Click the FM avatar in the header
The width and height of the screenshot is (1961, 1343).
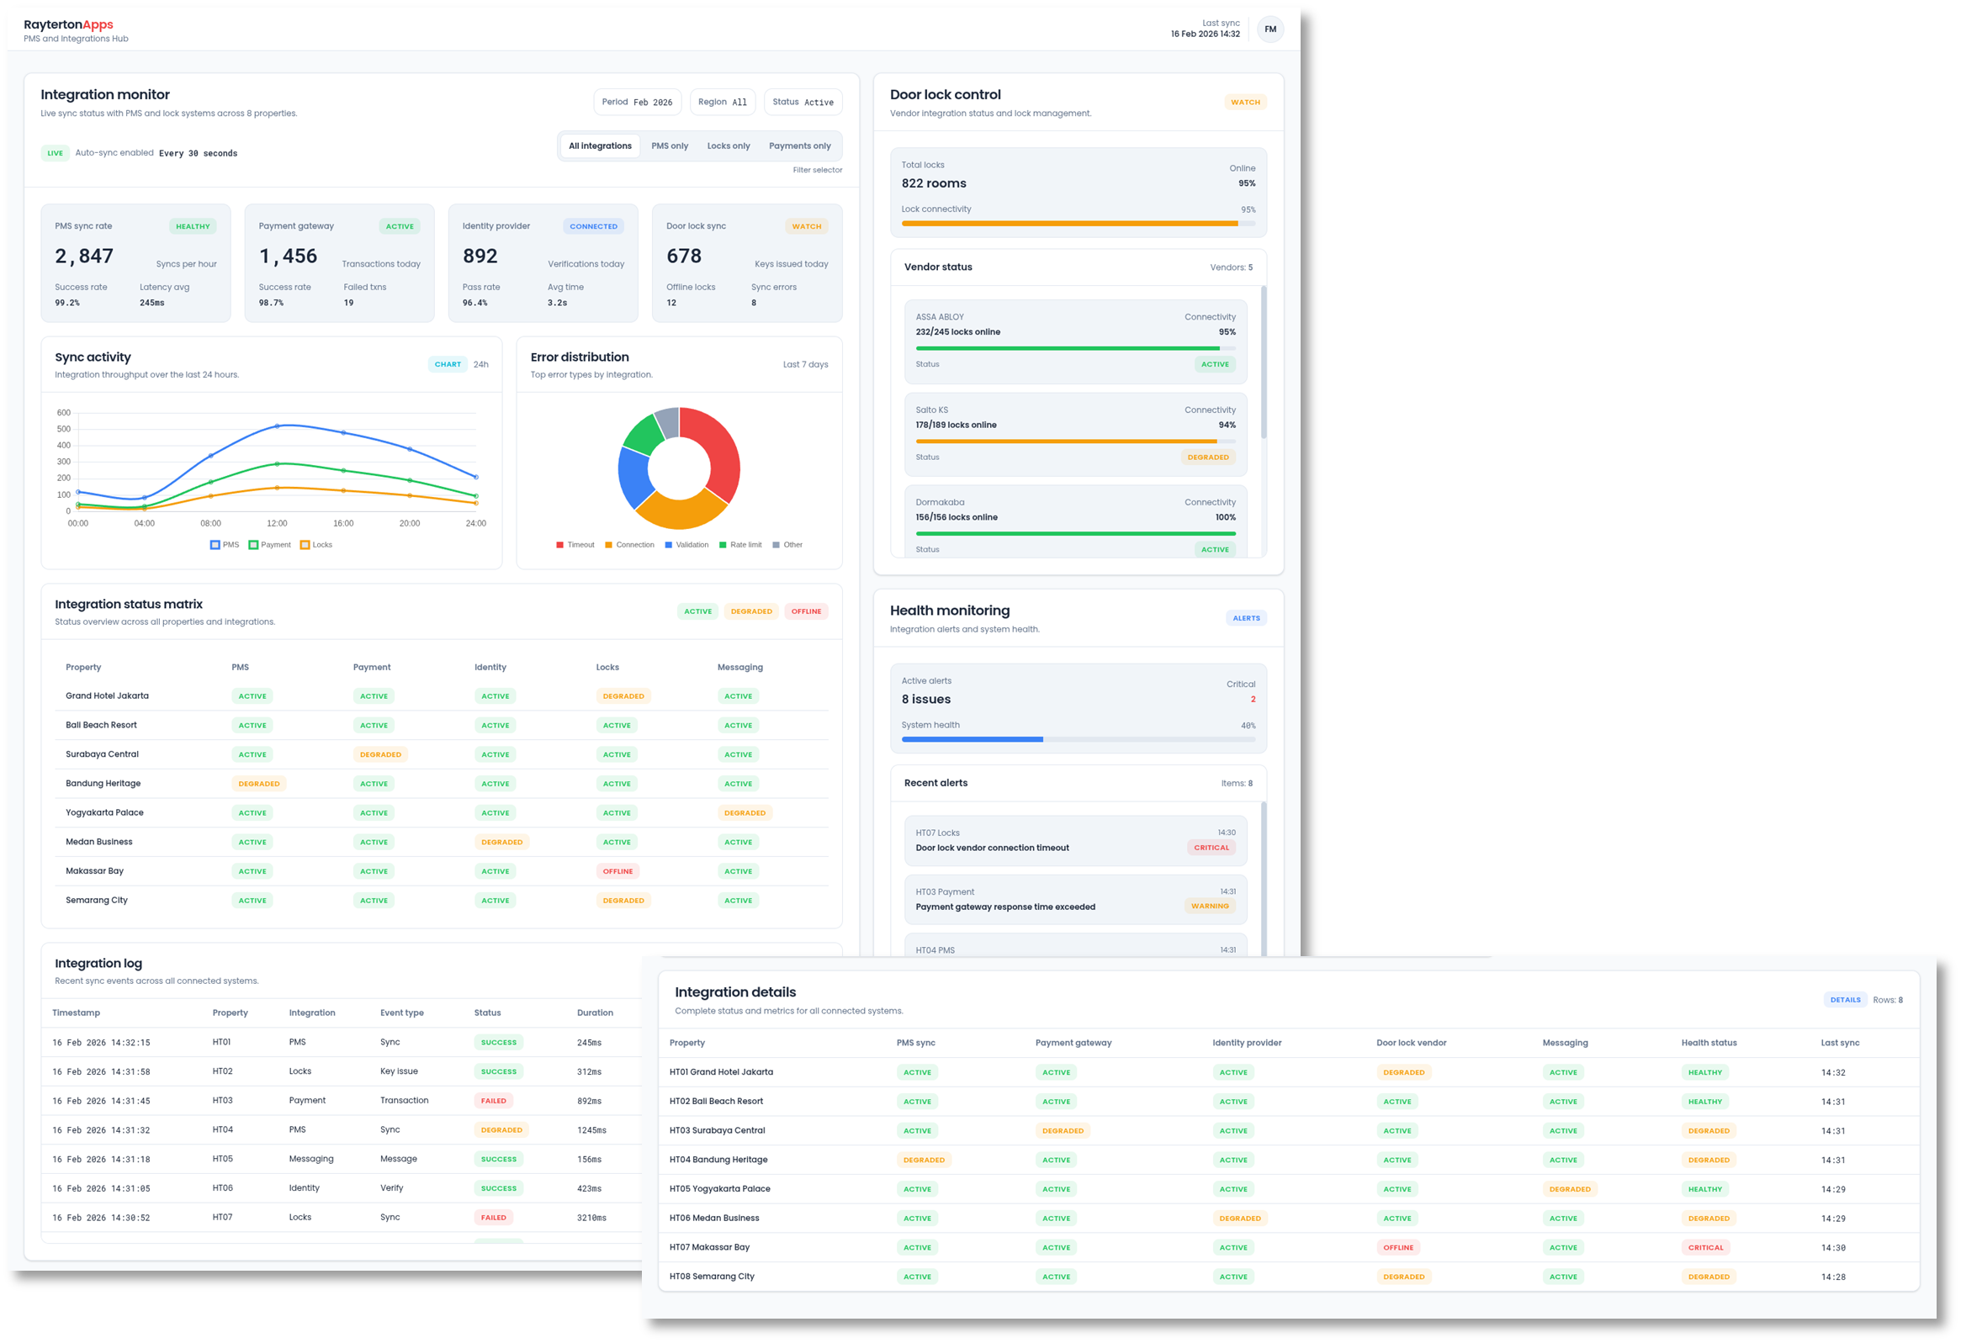tap(1270, 29)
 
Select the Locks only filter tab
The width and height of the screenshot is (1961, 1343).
tap(729, 146)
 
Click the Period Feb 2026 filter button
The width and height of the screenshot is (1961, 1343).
tap(637, 102)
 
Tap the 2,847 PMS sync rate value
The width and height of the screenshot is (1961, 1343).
tap(83, 256)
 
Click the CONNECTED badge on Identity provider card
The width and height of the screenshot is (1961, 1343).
tap(593, 226)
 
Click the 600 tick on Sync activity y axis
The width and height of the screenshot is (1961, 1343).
tap(64, 413)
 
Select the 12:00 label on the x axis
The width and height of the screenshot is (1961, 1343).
tap(277, 523)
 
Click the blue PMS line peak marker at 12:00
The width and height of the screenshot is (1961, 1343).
tap(278, 426)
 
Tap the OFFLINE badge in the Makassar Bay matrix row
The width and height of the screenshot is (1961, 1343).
tap(617, 871)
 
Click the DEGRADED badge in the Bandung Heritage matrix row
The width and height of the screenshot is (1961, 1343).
tap(259, 784)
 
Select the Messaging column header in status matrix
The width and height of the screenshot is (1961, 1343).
tap(740, 667)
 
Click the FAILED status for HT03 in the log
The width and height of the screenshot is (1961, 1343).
tap(494, 1101)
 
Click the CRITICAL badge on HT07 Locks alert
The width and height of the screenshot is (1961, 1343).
tap(1211, 848)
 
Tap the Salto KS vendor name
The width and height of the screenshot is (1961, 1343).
tap(931, 410)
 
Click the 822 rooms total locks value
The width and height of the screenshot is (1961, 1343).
tap(933, 184)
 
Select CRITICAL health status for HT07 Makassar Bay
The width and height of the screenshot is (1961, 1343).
tap(1705, 1248)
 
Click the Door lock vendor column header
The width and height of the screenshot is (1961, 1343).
tap(1411, 1044)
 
